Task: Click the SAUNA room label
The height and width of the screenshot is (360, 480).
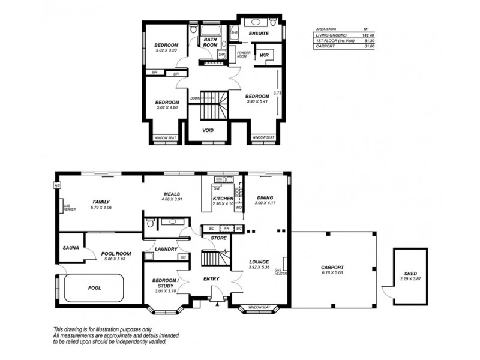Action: click(x=71, y=247)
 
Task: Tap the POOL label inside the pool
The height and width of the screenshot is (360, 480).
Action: click(x=94, y=288)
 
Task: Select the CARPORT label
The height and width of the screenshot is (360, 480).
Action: click(x=332, y=268)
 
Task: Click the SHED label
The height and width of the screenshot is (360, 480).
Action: click(x=411, y=274)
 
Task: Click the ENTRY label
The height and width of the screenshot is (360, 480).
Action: click(x=211, y=279)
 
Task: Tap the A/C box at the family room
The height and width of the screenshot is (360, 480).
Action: click(x=58, y=185)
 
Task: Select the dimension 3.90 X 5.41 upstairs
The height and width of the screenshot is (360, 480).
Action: click(x=257, y=102)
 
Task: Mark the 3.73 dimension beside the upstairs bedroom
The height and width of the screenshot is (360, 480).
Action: click(x=277, y=93)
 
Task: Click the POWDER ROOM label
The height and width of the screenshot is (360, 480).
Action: click(x=243, y=55)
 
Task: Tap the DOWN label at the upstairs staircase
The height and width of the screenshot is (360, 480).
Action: click(x=195, y=98)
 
